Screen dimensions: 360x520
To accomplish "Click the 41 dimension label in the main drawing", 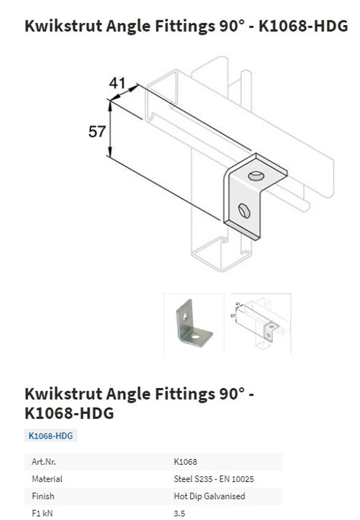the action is [118, 83].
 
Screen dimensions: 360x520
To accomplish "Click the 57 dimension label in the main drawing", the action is [97, 132].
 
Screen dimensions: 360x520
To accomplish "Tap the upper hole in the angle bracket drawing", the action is [255, 175].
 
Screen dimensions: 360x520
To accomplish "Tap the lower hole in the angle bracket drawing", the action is [244, 210].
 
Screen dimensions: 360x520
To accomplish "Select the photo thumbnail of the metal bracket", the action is [194, 323].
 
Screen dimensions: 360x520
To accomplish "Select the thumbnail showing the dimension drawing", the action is [258, 323].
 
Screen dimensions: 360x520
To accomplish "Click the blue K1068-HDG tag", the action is [51, 435].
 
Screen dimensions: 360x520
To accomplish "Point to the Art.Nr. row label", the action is [44, 462].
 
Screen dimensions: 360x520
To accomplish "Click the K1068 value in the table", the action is [186, 462].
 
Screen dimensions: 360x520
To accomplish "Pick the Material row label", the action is [47, 479].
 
